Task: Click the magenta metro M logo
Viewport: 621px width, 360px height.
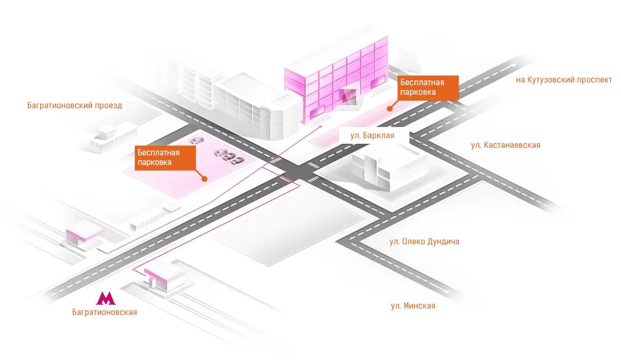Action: click(105, 298)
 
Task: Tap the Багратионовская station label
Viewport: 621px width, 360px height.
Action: click(104, 312)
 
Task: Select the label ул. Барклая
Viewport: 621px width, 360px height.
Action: click(372, 136)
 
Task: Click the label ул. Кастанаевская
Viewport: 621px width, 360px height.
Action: click(505, 145)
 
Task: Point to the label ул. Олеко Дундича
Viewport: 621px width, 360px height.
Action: click(424, 242)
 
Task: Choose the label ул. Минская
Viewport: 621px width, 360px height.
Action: click(413, 306)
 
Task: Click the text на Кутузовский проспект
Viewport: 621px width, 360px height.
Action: click(564, 80)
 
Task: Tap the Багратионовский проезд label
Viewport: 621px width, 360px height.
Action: click(74, 106)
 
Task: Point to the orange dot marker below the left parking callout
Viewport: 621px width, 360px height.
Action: click(204, 178)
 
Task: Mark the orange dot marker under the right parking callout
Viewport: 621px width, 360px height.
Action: click(390, 108)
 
